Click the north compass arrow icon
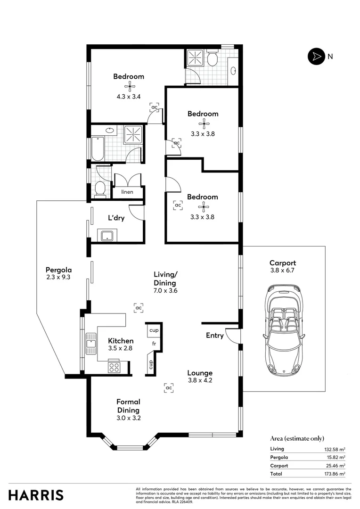tap(315, 57)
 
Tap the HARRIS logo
tap(36, 495)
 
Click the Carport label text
tap(282, 263)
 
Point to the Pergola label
tap(58, 270)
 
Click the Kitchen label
tap(121, 341)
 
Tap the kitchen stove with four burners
tap(114, 367)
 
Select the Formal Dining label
tap(129, 406)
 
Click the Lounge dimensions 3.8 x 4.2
tap(200, 380)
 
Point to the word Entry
tap(215, 336)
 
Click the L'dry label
tap(116, 218)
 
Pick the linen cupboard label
tap(127, 192)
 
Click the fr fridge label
tap(154, 343)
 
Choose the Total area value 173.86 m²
tap(335, 474)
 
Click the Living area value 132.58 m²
tap(335, 449)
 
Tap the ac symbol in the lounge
tap(169, 387)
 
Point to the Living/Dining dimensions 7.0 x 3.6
tap(164, 291)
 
